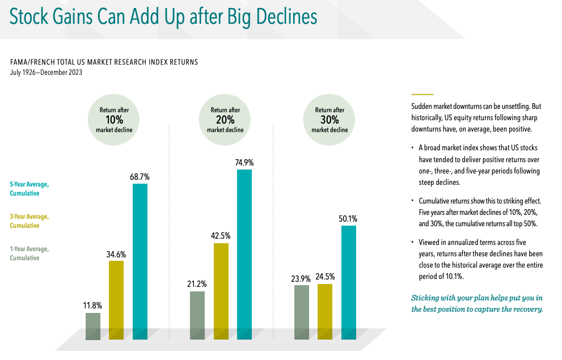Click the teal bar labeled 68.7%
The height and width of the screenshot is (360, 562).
pos(140,261)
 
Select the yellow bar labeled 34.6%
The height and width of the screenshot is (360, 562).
pos(116,300)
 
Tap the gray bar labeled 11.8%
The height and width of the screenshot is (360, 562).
pos(93,327)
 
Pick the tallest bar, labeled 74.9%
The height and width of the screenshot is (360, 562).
pos(244,255)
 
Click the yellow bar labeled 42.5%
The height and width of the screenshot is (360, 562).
pos(221,291)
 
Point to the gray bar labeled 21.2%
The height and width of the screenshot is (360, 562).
pos(197,315)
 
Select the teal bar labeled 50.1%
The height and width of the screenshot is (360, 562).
pos(349,283)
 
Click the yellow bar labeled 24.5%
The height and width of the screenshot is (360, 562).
pos(325,312)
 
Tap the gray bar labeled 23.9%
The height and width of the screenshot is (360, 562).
pos(302,312)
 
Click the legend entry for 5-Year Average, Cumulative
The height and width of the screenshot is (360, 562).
pos(29,189)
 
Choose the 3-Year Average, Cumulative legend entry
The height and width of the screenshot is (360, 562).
pos(29,221)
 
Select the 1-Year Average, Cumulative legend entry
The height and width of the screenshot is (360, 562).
pos(29,253)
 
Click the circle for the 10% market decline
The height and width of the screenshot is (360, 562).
pos(113,120)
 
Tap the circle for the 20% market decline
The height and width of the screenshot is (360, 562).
pos(225,120)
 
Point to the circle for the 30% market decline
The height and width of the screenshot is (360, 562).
pos(329,120)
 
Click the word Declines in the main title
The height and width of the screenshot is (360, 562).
pos(272,16)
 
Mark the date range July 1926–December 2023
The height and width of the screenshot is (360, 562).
pos(47,73)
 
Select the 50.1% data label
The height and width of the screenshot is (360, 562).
pos(348,218)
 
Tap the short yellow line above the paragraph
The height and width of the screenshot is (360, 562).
pos(422,94)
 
